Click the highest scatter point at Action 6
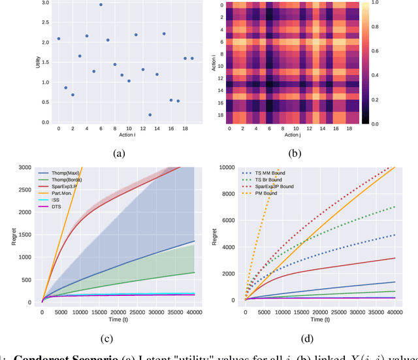click(101, 5)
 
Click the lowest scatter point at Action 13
click(150, 115)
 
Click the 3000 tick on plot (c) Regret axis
click(33, 168)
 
